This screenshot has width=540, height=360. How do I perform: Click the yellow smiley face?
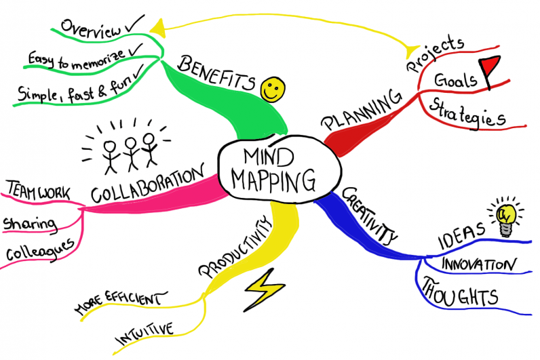pos(274,89)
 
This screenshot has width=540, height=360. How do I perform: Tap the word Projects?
pos(433,54)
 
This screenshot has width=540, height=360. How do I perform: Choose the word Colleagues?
pos(40,252)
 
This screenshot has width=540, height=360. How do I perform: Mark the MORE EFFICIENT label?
pos(119,303)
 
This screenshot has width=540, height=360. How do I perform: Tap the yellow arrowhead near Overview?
pos(157,27)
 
